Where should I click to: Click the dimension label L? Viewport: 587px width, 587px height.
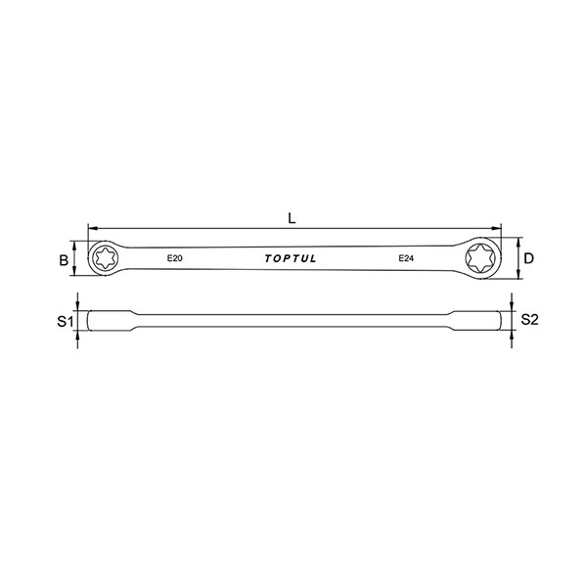click(x=292, y=218)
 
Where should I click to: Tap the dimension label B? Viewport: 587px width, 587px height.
click(x=64, y=260)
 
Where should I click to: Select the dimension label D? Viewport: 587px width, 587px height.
click(x=528, y=258)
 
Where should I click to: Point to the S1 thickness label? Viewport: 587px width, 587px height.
click(x=66, y=321)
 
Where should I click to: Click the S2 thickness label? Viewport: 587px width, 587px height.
click(x=529, y=319)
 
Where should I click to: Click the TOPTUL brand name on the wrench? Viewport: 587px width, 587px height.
click(x=291, y=258)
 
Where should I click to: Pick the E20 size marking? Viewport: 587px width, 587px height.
click(x=174, y=258)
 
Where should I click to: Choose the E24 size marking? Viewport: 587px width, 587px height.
click(x=406, y=258)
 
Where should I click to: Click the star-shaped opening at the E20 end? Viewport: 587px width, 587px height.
click(x=105, y=258)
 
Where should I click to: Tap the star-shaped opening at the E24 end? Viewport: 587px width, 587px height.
click(x=480, y=258)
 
